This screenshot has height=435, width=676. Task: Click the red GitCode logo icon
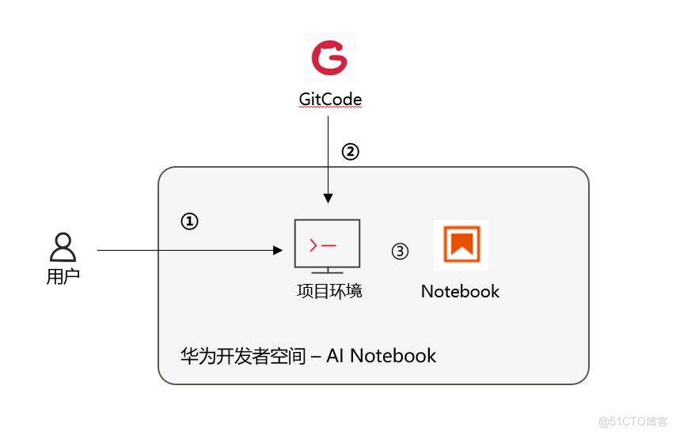click(x=330, y=58)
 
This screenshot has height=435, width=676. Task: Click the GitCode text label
click(x=330, y=100)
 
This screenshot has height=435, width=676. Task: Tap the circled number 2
click(x=350, y=152)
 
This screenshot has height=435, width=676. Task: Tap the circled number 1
click(x=189, y=222)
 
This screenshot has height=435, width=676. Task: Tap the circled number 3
click(x=401, y=252)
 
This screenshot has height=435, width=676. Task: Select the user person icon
click(x=63, y=248)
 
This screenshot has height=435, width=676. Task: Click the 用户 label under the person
click(x=63, y=277)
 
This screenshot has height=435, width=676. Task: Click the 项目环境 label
click(x=329, y=291)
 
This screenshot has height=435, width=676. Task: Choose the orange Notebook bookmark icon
click(x=461, y=244)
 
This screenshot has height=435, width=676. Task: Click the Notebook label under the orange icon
click(x=460, y=291)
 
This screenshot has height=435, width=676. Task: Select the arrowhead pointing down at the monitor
click(x=327, y=198)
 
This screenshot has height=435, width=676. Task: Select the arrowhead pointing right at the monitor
click(x=278, y=251)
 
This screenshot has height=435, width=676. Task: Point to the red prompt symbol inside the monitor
click(x=314, y=246)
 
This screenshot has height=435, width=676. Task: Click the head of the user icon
click(x=63, y=240)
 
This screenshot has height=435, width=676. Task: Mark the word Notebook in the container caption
click(x=393, y=356)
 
